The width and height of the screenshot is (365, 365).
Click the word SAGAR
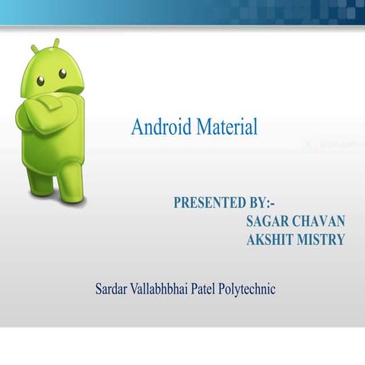[x=267, y=221]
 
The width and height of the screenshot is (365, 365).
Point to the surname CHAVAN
[x=319, y=221]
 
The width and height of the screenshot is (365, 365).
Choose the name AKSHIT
[x=270, y=240]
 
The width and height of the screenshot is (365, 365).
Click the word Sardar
[x=112, y=289]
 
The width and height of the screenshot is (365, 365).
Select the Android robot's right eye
[x=62, y=75]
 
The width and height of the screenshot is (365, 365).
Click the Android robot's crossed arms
[x=49, y=113]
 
